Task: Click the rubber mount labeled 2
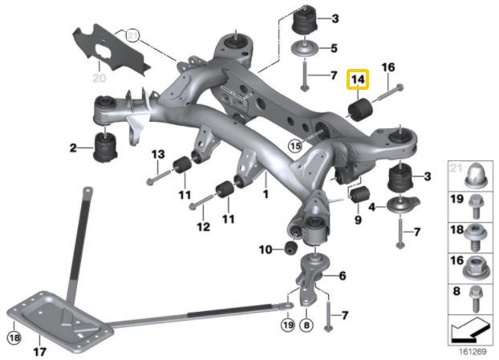click(106, 147)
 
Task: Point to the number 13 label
click(157, 154)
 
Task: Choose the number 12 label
click(203, 227)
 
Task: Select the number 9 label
click(358, 219)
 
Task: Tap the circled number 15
click(295, 147)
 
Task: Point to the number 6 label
click(342, 276)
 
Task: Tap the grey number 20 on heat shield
click(99, 78)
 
